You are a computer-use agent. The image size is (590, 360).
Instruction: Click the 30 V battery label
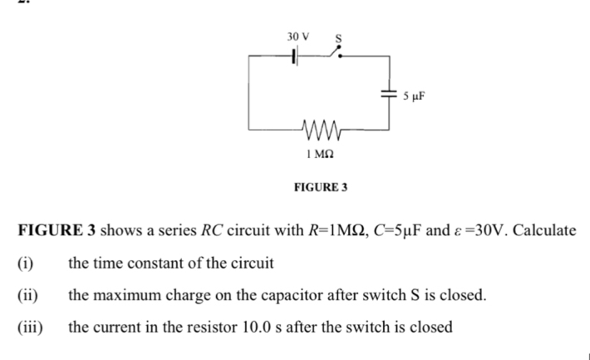[x=297, y=37]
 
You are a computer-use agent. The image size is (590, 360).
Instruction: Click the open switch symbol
[x=335, y=55]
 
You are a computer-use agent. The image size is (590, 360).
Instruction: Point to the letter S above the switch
[x=339, y=38]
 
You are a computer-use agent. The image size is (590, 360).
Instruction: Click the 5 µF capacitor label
[x=414, y=96]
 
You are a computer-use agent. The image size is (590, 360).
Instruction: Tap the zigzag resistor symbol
[x=321, y=131]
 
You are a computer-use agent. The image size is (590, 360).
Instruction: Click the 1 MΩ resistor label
[x=321, y=155]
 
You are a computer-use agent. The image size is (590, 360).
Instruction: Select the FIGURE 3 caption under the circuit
[x=321, y=188]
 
